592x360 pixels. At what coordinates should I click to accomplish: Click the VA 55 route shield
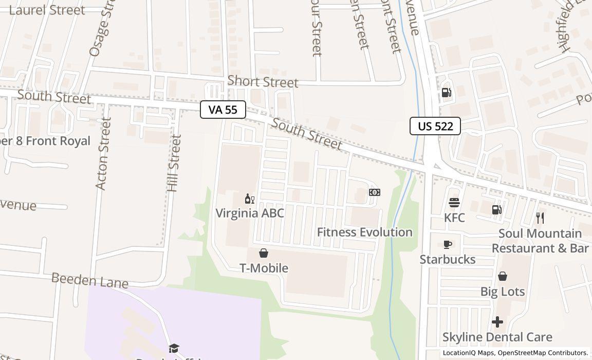(x=223, y=110)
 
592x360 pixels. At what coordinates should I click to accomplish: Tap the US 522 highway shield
(x=435, y=126)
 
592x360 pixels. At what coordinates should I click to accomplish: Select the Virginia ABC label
(x=250, y=213)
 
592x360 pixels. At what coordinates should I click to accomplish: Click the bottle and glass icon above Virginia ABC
(x=250, y=199)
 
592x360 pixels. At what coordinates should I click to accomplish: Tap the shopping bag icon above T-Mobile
(x=264, y=253)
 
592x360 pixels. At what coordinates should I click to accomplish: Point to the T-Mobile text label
(x=264, y=268)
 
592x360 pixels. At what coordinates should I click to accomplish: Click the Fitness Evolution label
(x=364, y=232)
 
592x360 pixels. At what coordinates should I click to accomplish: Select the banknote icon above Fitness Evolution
(x=375, y=192)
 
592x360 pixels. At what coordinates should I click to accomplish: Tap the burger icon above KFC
(x=454, y=203)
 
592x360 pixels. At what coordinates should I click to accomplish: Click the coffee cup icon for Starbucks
(x=448, y=244)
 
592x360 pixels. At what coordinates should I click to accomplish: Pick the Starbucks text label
(x=448, y=259)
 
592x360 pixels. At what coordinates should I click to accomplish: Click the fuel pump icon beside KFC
(x=497, y=209)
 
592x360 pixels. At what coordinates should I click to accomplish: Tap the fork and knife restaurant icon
(x=540, y=218)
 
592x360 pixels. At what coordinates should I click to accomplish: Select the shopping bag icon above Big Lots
(x=503, y=277)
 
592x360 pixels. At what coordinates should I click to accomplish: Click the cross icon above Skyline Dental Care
(x=497, y=322)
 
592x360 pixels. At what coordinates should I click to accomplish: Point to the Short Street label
(x=263, y=82)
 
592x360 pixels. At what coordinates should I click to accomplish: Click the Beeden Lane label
(x=90, y=281)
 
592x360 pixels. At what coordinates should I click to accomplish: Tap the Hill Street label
(x=175, y=163)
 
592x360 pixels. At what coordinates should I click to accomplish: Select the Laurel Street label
(x=47, y=10)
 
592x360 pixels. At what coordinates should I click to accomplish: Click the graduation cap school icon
(x=174, y=349)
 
